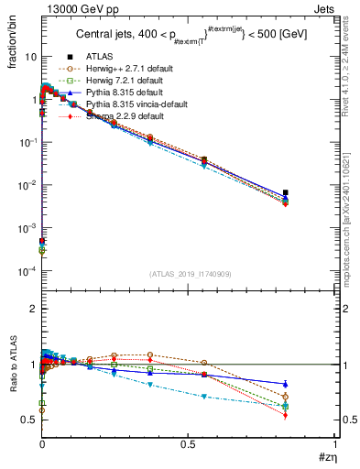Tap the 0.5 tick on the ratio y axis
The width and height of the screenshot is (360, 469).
pyautogui.click(x=30, y=420)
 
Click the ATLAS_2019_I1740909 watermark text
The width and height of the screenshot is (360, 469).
pyautogui.click(x=189, y=274)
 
